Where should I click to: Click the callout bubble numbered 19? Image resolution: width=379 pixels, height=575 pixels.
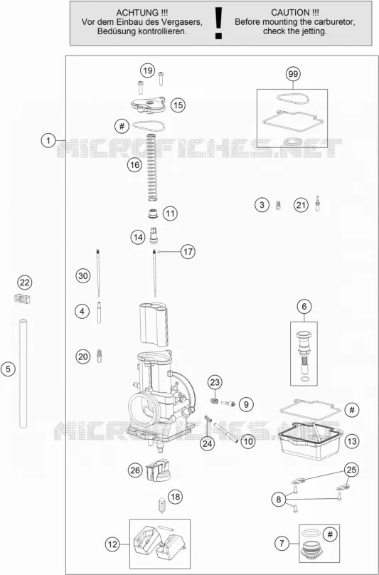(x=147, y=70)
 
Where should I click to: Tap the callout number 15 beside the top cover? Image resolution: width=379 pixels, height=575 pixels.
(x=178, y=105)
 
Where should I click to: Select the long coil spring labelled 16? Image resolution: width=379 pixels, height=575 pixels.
(x=152, y=167)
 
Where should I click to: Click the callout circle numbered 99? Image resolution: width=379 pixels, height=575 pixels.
(x=293, y=75)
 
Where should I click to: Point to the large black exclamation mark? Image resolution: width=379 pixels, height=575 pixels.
(x=219, y=23)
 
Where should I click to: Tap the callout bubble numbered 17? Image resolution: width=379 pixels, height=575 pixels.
(x=188, y=252)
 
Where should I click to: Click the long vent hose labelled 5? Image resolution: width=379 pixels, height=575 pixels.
(x=23, y=374)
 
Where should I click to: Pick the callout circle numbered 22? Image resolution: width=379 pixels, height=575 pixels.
(x=25, y=283)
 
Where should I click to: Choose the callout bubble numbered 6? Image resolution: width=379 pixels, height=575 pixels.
(x=304, y=306)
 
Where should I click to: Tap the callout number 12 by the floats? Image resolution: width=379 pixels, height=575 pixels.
(x=112, y=544)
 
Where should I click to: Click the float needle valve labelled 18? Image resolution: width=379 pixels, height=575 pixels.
(x=161, y=505)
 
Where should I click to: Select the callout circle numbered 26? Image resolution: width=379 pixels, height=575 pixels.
(x=135, y=470)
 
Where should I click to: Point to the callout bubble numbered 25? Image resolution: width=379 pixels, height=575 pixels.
(x=351, y=470)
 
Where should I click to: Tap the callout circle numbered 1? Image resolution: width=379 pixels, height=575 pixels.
(x=48, y=140)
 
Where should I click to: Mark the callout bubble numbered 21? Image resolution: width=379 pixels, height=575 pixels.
(x=301, y=206)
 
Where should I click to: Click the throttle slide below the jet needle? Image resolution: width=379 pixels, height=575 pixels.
(x=154, y=325)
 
